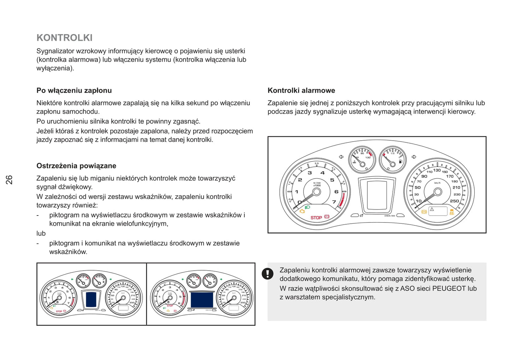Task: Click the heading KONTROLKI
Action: [64, 38]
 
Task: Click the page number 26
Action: [9, 179]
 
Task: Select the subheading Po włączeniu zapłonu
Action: [74, 90]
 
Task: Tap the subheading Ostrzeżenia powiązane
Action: [76, 166]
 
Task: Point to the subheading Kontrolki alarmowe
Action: [301, 90]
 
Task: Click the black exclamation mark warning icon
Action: [267, 273]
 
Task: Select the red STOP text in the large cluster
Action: [316, 218]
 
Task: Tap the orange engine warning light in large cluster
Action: [302, 211]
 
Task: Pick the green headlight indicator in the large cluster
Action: [307, 207]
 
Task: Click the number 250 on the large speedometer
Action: [454, 201]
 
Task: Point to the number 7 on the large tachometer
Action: [334, 202]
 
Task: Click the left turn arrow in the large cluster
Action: [341, 157]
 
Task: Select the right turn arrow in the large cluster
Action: [414, 157]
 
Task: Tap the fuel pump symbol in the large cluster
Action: [400, 161]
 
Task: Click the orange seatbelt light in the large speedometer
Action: [452, 212]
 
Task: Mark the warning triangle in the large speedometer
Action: [432, 209]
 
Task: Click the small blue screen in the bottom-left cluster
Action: [91, 299]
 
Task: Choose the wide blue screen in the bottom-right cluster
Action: [202, 300]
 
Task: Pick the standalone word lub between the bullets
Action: [41, 234]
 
